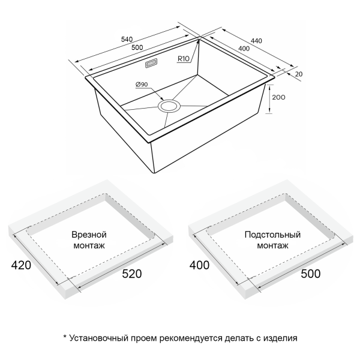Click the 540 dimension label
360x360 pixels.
127,39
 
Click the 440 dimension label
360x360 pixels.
256,41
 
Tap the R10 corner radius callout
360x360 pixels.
184,59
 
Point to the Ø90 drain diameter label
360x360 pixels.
142,85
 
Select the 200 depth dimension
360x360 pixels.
278,97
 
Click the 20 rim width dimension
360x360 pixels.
299,74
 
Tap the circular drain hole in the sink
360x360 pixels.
169,106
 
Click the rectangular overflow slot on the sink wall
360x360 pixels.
151,63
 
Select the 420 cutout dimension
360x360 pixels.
21,265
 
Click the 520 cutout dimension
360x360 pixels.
132,274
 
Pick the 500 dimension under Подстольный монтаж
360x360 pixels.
311,274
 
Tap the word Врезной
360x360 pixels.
89,235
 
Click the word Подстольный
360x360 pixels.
272,235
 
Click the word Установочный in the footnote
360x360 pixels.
99,338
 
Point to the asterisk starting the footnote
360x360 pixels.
65,337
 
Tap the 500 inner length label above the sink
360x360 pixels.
137,47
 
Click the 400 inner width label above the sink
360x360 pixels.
244,49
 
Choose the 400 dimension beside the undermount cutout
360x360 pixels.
199,265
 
